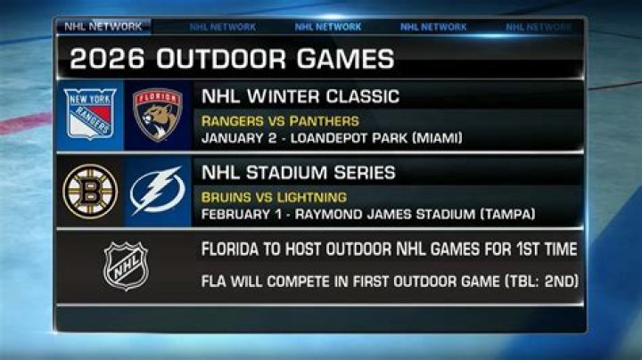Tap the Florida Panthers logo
click(158, 114)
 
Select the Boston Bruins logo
click(91, 192)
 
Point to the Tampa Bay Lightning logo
click(158, 192)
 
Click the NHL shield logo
click(126, 265)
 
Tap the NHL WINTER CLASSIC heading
click(300, 96)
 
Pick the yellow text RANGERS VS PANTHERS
click(280, 121)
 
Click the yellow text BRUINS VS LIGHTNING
click(274, 197)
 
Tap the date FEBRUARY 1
click(241, 215)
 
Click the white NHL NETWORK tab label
click(101, 27)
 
